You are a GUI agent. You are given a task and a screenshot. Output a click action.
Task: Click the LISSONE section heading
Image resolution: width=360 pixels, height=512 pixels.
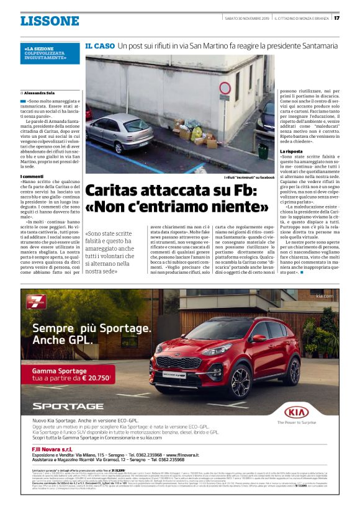tap(49, 21)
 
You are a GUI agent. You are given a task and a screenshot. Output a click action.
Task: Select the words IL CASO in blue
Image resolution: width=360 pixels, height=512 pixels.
tap(99, 46)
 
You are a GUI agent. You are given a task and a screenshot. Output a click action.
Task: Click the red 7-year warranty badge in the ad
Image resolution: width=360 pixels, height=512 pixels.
tap(36, 302)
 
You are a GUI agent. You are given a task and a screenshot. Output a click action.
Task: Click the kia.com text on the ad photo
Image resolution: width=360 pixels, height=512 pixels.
tap(324, 297)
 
